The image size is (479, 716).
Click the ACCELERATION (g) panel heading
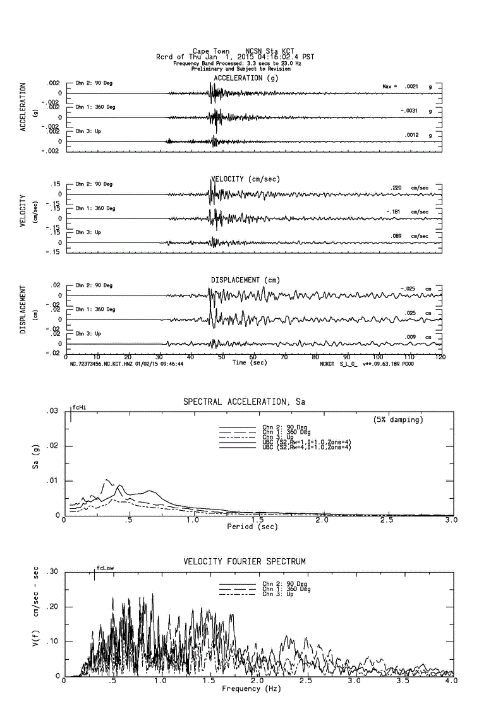[246, 78]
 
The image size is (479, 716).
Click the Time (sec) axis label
[250, 363]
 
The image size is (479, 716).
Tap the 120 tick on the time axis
[440, 357]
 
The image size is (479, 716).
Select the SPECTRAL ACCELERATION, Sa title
[244, 402]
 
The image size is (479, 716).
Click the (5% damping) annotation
[397, 419]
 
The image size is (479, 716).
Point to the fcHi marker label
[79, 407]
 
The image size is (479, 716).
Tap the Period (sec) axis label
[253, 527]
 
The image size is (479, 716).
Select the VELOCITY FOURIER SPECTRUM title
[245, 561]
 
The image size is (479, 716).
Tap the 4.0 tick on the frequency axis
[449, 682]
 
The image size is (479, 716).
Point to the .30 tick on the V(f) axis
[54, 572]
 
